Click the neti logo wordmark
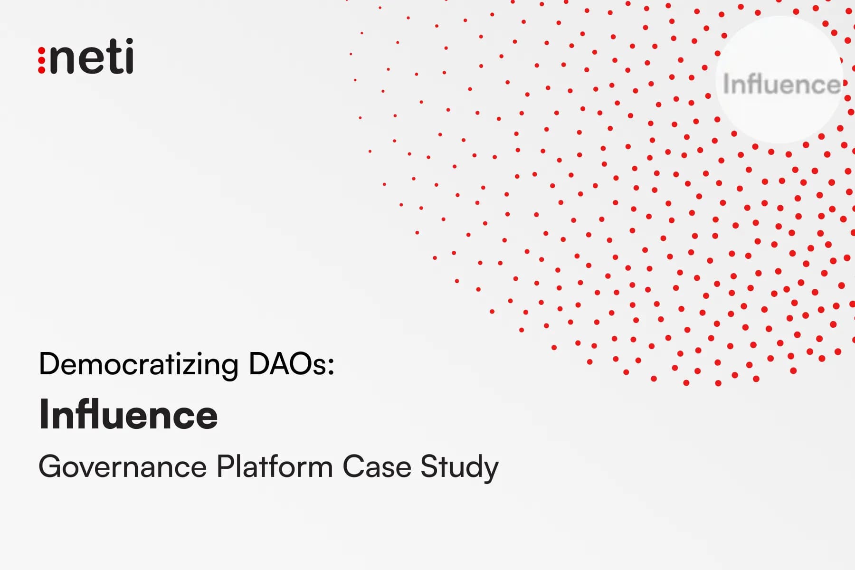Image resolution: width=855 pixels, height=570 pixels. pyautogui.click(x=86, y=57)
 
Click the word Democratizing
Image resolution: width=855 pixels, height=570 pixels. pyautogui.click(x=138, y=365)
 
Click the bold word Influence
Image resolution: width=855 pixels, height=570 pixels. pyautogui.click(x=128, y=414)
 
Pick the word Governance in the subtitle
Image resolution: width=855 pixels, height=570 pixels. pyautogui.click(x=123, y=466)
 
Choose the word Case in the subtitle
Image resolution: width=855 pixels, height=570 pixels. pyautogui.click(x=376, y=466)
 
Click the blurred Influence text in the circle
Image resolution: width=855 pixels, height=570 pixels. pyautogui.click(x=781, y=85)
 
